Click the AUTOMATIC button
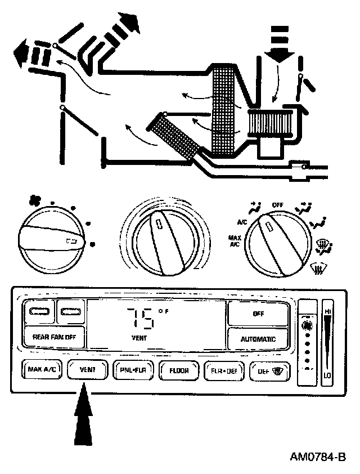click(258, 339)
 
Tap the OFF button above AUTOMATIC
click(258, 314)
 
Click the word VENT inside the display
click(139, 338)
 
